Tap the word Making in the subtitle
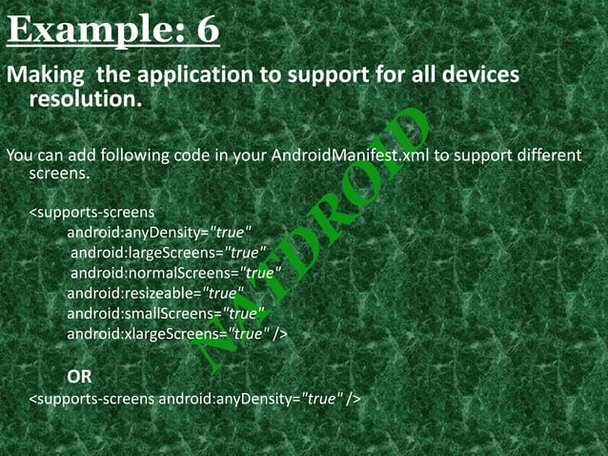click(x=44, y=74)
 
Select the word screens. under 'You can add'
click(x=59, y=175)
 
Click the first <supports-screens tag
click(x=91, y=211)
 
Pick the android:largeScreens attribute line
click(x=162, y=252)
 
